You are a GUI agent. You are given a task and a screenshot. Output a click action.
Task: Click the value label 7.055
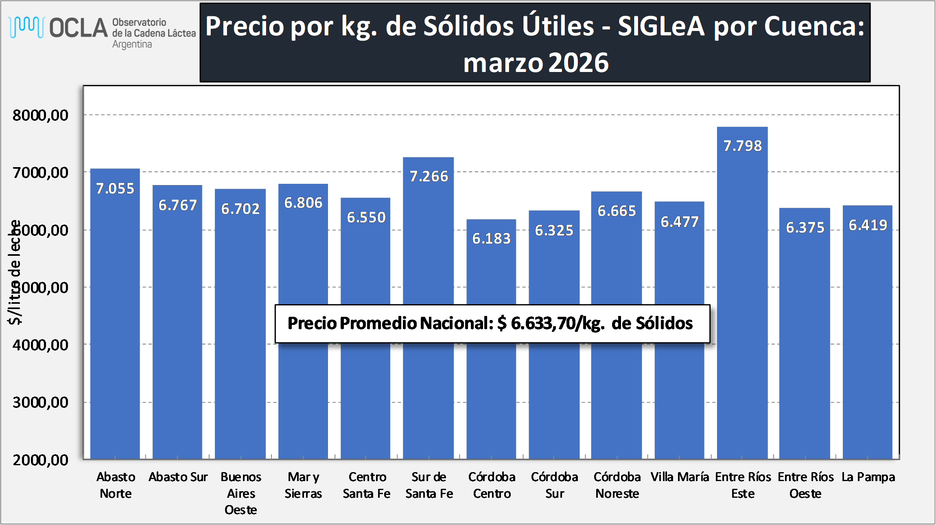(x=115, y=189)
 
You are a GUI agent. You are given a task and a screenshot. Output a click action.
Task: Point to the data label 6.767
(x=177, y=205)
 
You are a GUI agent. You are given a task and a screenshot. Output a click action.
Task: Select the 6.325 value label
(x=554, y=231)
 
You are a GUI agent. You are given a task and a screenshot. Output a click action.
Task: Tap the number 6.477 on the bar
(x=679, y=222)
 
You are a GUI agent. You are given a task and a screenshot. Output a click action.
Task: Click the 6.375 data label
(x=805, y=228)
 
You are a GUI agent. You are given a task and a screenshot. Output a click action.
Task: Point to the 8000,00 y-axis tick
(x=40, y=115)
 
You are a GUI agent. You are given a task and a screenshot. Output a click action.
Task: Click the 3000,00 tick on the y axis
(x=40, y=403)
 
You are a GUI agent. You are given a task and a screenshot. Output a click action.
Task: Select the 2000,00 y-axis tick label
(x=40, y=460)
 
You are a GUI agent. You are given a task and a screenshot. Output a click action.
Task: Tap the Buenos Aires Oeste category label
(x=241, y=493)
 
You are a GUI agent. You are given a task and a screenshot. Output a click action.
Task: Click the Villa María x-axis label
(x=680, y=477)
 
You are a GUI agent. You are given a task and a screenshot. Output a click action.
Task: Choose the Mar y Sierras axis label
(x=303, y=485)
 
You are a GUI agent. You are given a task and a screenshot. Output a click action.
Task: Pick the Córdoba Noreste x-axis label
(x=617, y=485)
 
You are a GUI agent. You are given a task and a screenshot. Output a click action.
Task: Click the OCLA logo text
(x=79, y=28)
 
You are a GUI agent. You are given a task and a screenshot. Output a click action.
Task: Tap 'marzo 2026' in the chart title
(x=536, y=63)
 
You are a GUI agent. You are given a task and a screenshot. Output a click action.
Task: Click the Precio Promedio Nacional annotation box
(x=492, y=324)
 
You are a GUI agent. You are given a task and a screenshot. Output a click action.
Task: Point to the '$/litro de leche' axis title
(x=15, y=272)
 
